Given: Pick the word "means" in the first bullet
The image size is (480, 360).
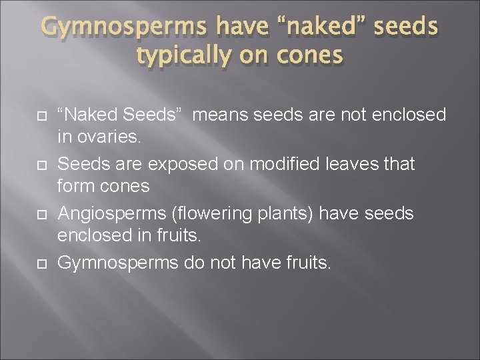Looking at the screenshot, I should pyautogui.click(x=225, y=115).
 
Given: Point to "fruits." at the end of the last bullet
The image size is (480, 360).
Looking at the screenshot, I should pyautogui.click(x=305, y=263).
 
